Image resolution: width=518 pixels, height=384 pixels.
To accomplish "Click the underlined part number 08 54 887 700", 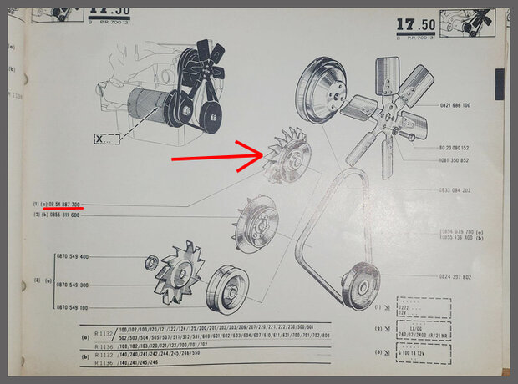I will (x=64, y=205).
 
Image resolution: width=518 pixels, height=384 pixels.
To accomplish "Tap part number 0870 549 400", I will (x=73, y=257).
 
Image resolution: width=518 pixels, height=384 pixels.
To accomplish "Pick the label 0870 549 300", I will (x=73, y=284).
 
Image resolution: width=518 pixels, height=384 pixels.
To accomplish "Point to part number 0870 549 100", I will (x=73, y=307).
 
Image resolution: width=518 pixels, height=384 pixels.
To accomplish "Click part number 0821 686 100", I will (x=454, y=106).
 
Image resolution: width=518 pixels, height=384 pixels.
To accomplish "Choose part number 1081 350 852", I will (x=454, y=160).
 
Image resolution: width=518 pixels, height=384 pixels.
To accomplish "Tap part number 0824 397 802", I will (x=455, y=276).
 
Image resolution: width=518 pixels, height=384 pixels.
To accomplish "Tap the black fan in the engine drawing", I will (x=202, y=63).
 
